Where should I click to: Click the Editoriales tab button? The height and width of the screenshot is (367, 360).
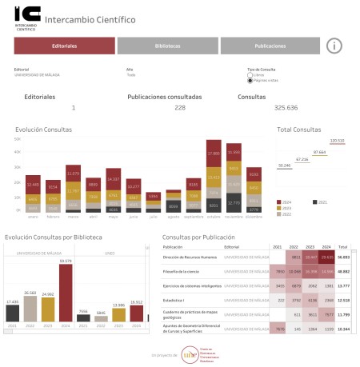[64, 46]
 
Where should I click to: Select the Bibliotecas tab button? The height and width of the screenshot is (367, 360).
[167, 46]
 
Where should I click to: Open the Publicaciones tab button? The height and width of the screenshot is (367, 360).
[270, 46]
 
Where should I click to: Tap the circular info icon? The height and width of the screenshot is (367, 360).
[335, 46]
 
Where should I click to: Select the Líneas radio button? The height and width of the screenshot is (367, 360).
[250, 75]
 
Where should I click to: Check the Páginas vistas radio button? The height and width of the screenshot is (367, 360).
[250, 81]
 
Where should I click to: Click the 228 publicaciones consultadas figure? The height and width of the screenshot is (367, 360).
[180, 107]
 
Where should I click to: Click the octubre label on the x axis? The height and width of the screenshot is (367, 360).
[214, 216]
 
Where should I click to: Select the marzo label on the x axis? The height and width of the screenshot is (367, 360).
[73, 216]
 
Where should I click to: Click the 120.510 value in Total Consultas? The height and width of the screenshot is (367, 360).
[337, 141]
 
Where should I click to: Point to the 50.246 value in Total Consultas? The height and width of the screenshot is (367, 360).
[284, 165]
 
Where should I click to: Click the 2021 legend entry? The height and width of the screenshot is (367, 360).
[318, 203]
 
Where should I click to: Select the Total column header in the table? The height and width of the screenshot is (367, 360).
[343, 248]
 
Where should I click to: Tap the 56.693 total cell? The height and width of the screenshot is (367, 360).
[343, 258]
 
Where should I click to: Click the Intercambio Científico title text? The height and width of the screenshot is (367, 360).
[90, 19]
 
